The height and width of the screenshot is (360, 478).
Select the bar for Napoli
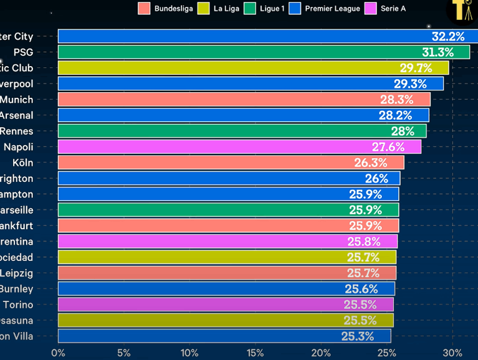(239, 147)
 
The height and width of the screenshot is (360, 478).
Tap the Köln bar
(231, 163)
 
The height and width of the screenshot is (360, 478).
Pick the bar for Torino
(226, 305)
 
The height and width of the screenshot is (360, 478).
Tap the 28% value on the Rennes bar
(402, 131)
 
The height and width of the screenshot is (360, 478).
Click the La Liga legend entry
(219, 9)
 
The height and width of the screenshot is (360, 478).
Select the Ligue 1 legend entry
(270, 9)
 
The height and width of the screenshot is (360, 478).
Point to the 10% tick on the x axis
(189, 353)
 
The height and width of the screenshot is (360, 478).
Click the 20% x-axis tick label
(321, 353)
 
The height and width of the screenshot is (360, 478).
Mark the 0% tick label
(58, 353)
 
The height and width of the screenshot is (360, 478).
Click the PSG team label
(23, 52)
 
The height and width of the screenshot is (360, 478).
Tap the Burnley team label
(16, 289)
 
